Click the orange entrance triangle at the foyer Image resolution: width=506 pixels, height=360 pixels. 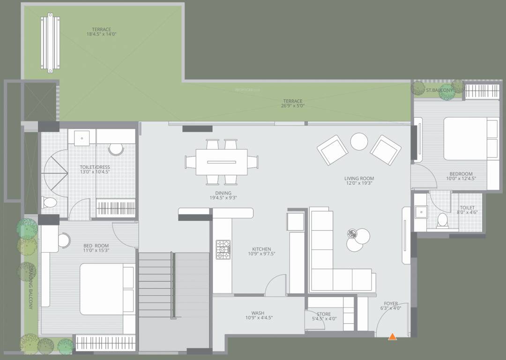[393, 336]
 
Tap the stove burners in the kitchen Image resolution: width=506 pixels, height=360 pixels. [223, 249]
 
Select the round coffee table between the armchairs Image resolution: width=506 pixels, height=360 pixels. [360, 141]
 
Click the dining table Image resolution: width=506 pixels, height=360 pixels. [222, 161]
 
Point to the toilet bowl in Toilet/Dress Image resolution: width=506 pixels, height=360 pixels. [50, 202]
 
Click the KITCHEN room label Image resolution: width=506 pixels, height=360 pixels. [261, 249]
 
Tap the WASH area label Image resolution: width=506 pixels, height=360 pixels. [258, 313]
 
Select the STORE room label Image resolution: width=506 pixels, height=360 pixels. [324, 314]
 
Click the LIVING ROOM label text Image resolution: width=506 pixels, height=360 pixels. [359, 178]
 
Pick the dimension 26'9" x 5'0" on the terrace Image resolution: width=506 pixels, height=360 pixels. [293, 106]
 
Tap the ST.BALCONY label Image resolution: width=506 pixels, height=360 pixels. [439, 90]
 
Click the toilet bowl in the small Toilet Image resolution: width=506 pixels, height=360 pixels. [441, 220]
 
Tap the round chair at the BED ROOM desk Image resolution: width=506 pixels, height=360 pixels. [63, 240]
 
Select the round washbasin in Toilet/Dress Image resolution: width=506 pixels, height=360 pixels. [115, 149]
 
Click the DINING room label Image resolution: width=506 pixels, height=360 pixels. [223, 193]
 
